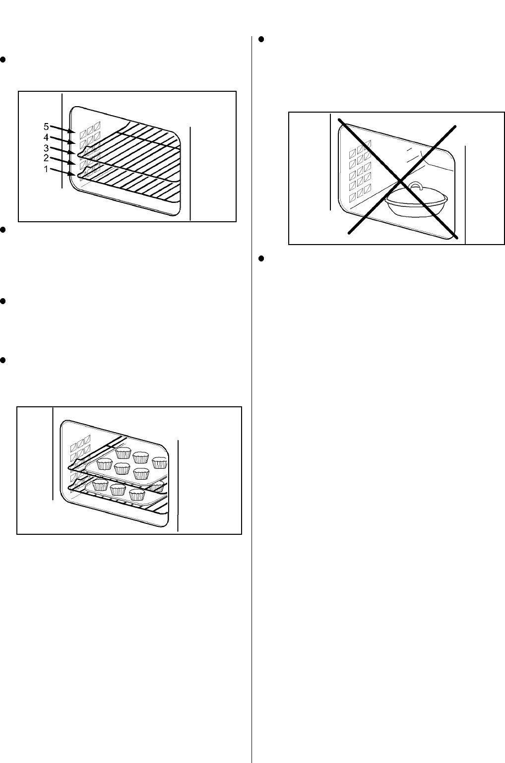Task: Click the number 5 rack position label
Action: pyautogui.click(x=46, y=127)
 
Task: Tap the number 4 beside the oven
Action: pyautogui.click(x=46, y=137)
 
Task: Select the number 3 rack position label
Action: pyautogui.click(x=46, y=148)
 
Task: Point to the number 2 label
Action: pyautogui.click(x=46, y=158)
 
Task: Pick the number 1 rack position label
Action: pyautogui.click(x=46, y=169)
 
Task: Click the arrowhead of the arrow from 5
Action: pyautogui.click(x=72, y=131)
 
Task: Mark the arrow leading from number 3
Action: pyautogui.click(x=63, y=151)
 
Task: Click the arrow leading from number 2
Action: pyautogui.click(x=63, y=161)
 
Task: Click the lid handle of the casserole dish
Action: pyautogui.click(x=415, y=186)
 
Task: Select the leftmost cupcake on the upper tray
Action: pyautogui.click(x=105, y=464)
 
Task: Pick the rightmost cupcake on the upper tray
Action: pyautogui.click(x=159, y=462)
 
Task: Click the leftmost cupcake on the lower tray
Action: pyautogui.click(x=101, y=485)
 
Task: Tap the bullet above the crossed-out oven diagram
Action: pyautogui.click(x=261, y=40)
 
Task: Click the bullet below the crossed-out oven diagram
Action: pyautogui.click(x=261, y=258)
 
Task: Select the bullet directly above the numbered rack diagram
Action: pyautogui.click(x=3, y=60)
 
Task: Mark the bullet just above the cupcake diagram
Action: pyautogui.click(x=3, y=360)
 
